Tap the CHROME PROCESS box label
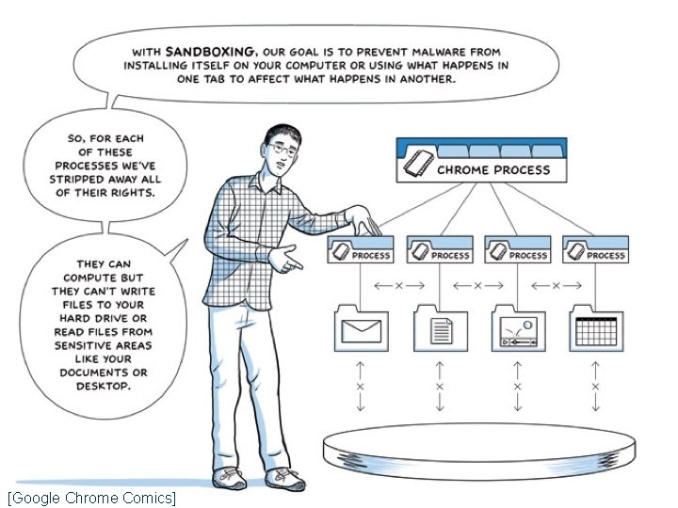492,170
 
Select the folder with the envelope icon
362,329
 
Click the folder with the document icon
440,329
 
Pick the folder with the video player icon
518,329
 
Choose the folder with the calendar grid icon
595,329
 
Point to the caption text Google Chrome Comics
91,497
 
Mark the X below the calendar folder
595,386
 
